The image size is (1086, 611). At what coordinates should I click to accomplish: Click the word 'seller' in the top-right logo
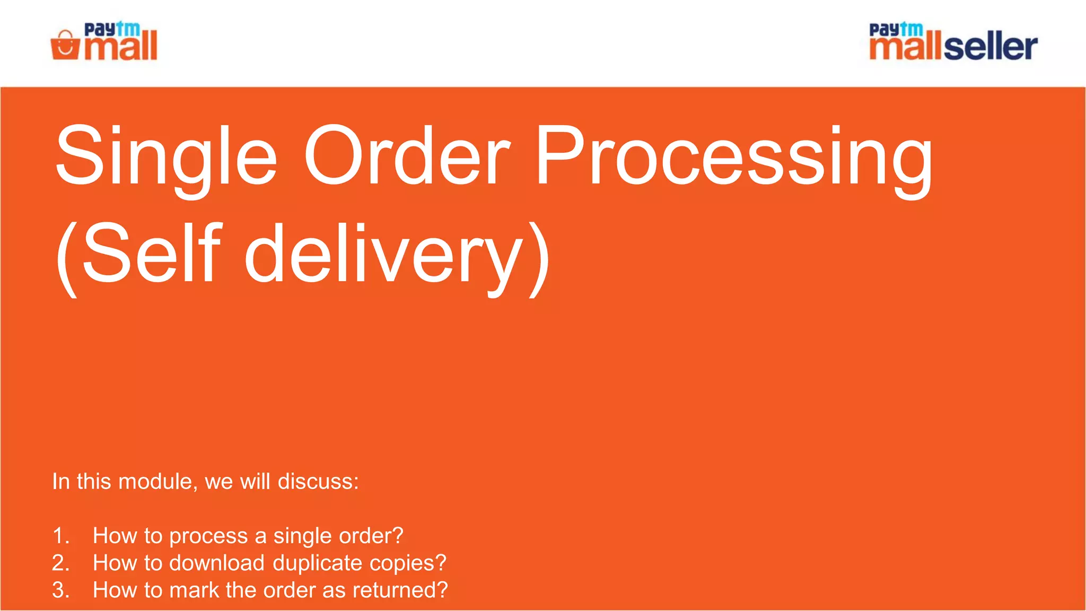[990, 47]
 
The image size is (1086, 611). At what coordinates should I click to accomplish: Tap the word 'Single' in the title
[166, 156]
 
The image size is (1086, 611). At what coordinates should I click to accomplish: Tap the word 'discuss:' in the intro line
[318, 482]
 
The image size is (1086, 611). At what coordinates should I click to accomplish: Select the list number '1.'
[61, 536]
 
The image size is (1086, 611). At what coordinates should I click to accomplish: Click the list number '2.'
[61, 563]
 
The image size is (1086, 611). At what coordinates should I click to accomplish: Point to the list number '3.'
[61, 590]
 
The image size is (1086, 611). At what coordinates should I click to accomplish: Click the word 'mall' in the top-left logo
[121, 47]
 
